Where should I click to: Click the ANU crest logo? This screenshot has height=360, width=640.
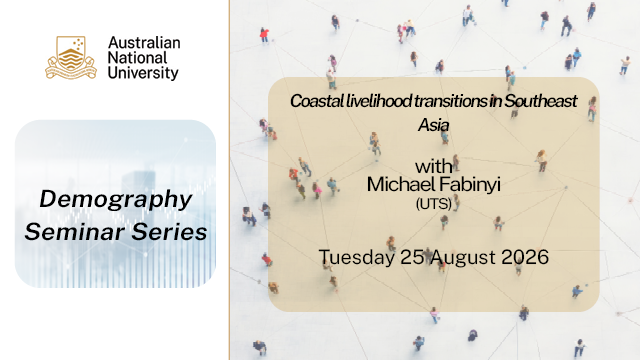tap(71, 58)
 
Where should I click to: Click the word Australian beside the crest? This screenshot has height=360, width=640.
tap(144, 42)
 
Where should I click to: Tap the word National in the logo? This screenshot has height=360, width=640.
tap(138, 58)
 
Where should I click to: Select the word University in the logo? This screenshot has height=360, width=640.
tap(143, 73)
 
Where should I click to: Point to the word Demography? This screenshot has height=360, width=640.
tap(116, 200)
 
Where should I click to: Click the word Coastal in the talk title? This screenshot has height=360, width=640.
tap(317, 101)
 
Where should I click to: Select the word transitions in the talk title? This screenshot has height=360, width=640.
tap(451, 101)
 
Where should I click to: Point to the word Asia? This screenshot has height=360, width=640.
tap(433, 125)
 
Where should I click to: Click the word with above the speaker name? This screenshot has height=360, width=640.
tap(433, 167)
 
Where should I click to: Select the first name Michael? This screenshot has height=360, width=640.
tap(401, 184)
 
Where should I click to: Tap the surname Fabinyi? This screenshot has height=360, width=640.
tap(470, 185)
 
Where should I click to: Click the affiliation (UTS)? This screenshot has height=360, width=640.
tap(433, 203)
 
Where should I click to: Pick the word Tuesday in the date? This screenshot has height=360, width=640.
tap(357, 258)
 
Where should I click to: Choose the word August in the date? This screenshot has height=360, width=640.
tap(463, 258)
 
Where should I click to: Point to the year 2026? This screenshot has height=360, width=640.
tap(525, 257)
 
